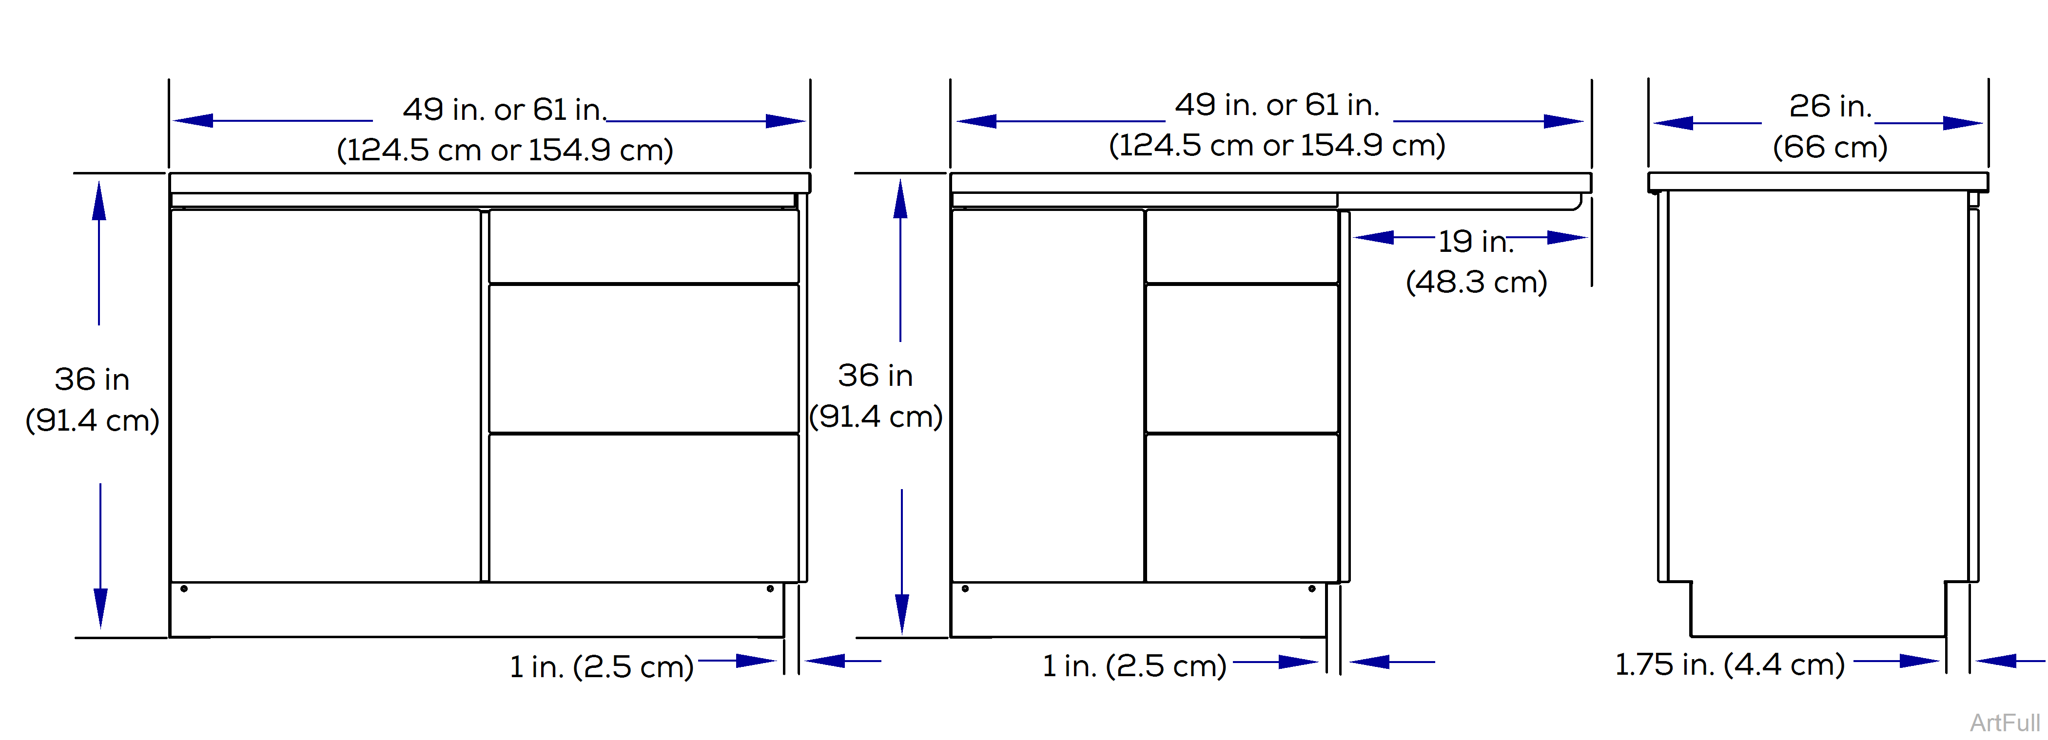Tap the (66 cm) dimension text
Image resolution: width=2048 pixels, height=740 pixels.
[1830, 147]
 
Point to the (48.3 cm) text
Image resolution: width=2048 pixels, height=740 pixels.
[1476, 282]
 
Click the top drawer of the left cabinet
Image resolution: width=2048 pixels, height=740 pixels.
[643, 246]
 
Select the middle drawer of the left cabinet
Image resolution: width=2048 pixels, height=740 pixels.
[643, 359]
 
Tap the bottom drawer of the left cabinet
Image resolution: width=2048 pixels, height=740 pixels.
[643, 507]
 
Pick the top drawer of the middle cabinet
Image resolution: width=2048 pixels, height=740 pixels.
[1241, 246]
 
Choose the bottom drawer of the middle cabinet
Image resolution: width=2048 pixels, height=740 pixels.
[1241, 507]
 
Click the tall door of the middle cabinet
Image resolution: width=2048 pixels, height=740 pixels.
[1047, 395]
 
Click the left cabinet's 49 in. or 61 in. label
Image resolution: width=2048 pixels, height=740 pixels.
[504, 110]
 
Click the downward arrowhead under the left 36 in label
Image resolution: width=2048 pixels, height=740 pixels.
[100, 608]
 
